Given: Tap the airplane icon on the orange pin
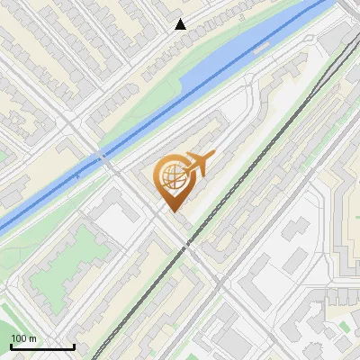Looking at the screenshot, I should [197, 165].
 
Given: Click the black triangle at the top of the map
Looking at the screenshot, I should [180, 24].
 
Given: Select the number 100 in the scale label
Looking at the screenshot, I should [18, 338].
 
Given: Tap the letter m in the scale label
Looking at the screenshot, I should [33, 338].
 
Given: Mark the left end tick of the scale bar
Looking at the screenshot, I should [10, 346].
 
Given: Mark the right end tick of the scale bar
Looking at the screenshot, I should [74, 346].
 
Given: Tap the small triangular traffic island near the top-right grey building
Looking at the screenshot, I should [310, 40].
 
